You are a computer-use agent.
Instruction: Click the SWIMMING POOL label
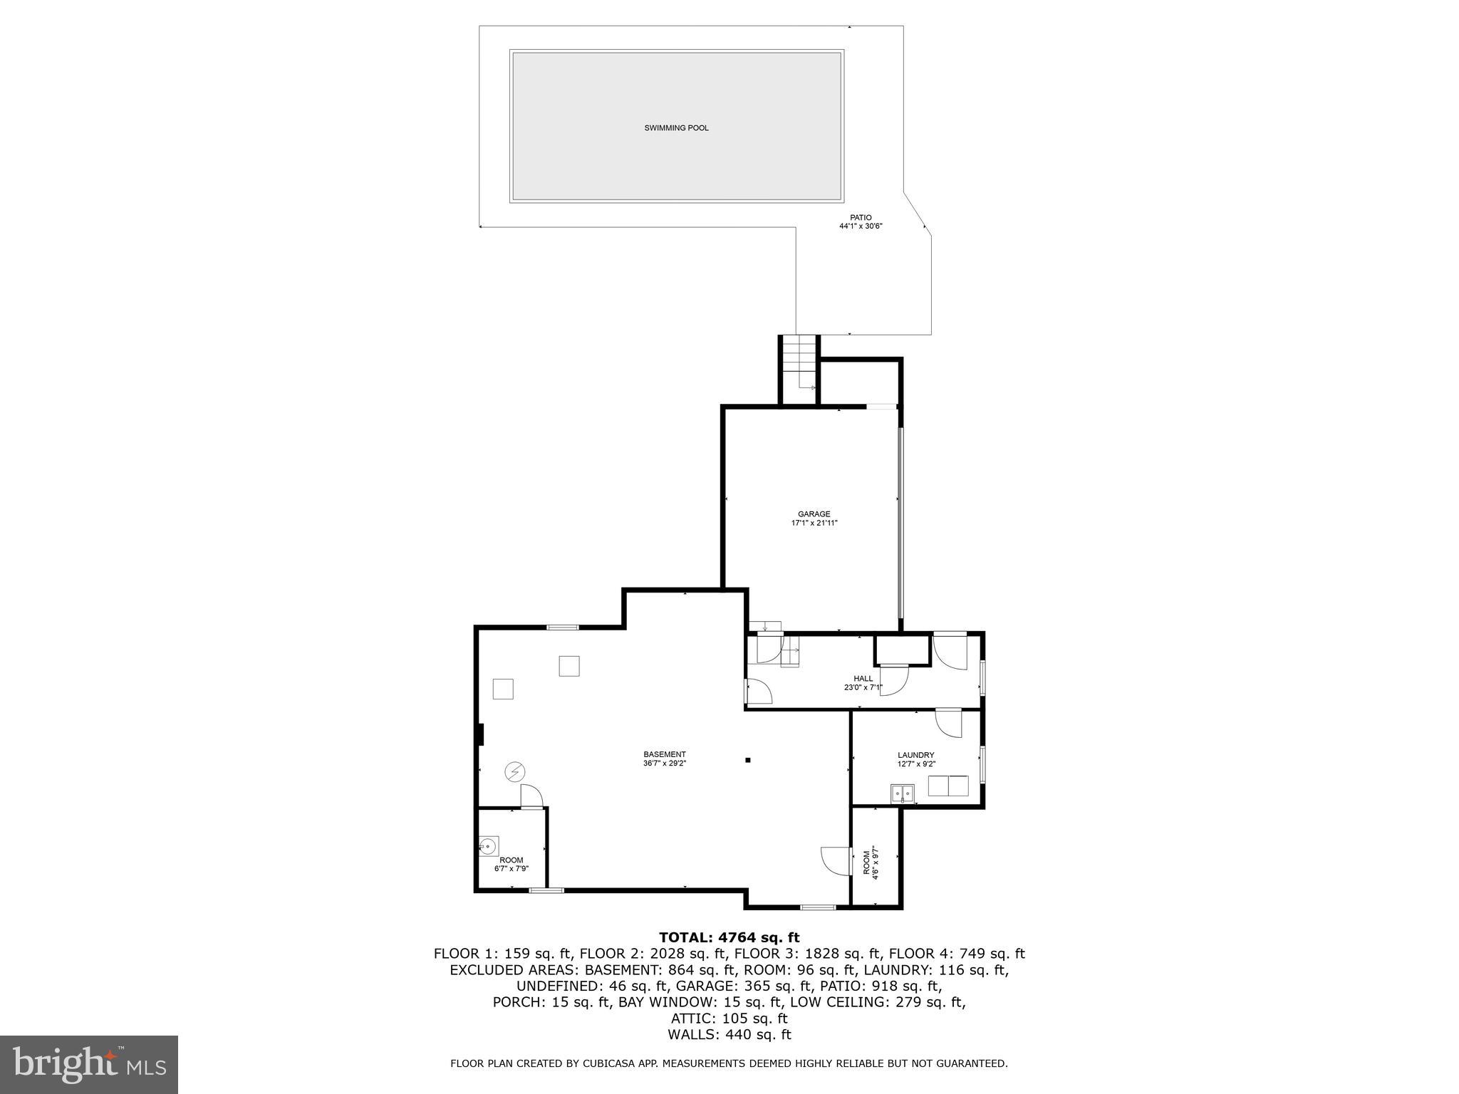point(676,128)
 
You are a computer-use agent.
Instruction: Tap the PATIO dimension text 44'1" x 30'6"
point(861,226)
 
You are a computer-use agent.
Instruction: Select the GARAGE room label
point(814,514)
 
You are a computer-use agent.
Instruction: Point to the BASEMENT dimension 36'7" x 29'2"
point(664,763)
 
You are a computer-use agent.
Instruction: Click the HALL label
point(863,679)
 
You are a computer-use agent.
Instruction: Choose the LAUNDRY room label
point(915,755)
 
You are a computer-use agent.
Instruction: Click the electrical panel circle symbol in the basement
point(514,771)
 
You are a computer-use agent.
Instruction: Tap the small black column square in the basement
point(748,760)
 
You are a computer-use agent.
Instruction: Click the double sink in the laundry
point(903,793)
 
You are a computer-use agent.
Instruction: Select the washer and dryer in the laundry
point(948,786)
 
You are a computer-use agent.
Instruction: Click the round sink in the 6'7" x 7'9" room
point(488,846)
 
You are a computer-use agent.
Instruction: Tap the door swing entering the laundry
point(948,723)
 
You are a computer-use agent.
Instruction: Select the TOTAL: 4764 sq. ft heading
point(729,937)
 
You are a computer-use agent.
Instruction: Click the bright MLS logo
point(89,1064)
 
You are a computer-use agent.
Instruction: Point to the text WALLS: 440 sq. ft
point(729,1035)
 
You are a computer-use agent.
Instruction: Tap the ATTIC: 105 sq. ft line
point(729,1019)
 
